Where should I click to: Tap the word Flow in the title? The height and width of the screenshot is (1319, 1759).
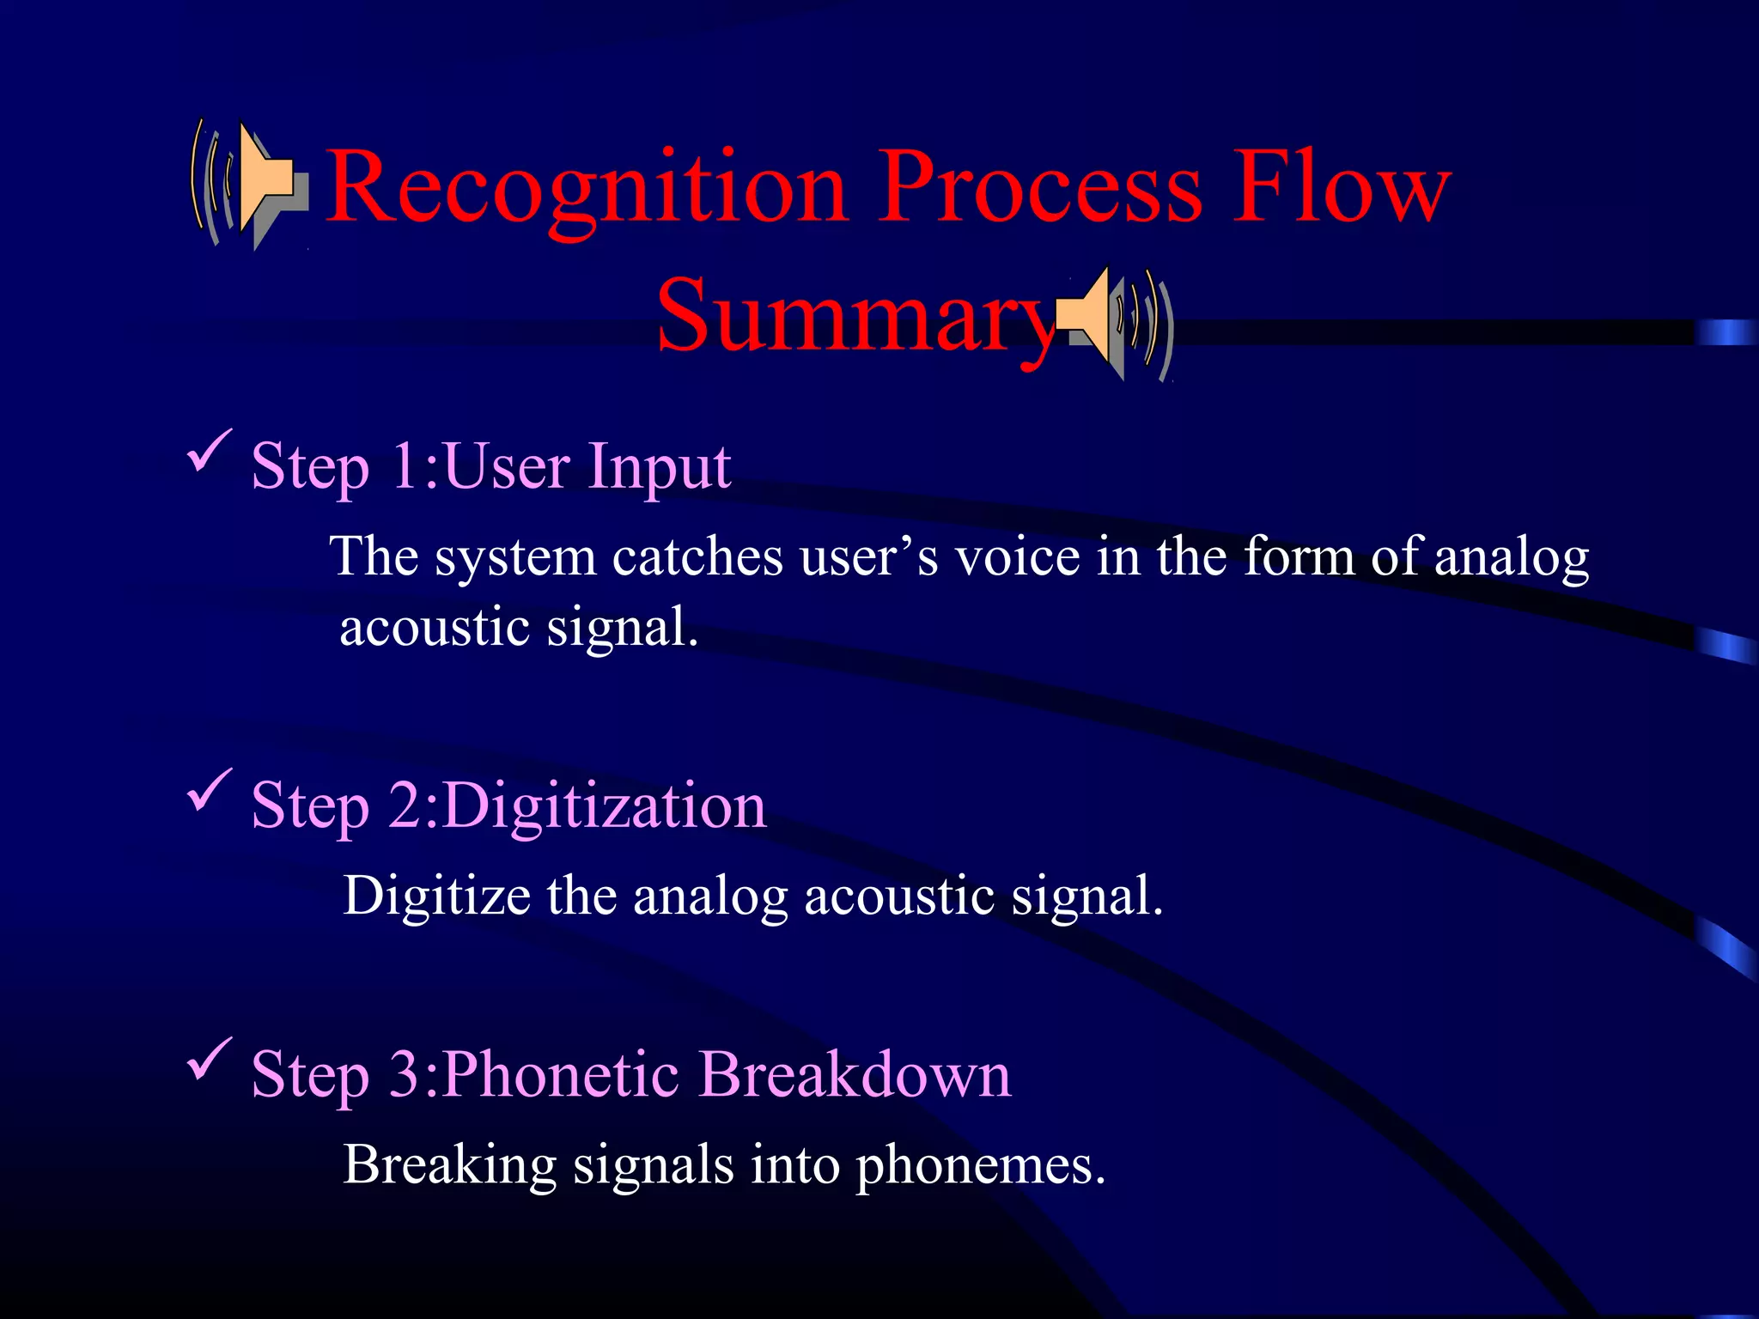click(1342, 187)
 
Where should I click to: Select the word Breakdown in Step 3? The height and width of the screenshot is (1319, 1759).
click(855, 1075)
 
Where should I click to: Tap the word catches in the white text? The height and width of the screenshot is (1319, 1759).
click(697, 558)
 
